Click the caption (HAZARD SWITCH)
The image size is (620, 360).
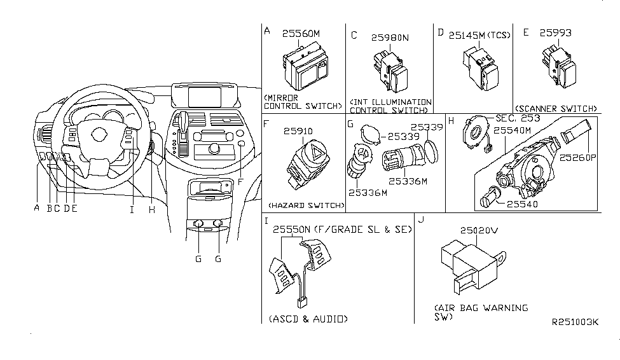tap(306, 205)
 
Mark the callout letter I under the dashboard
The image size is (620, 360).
tap(132, 208)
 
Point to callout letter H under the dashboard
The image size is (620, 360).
tap(151, 208)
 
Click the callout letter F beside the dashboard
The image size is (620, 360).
tap(240, 181)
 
